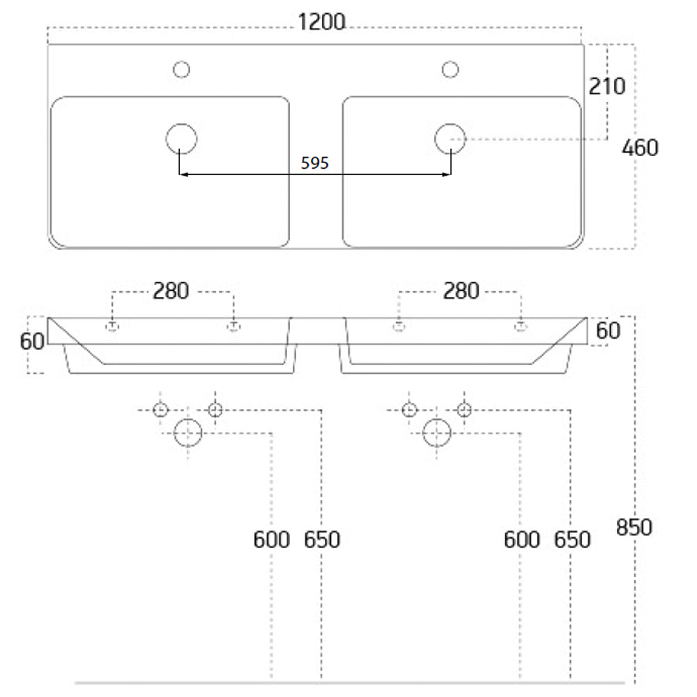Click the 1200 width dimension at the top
pos(321,22)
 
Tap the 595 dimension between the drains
pos(315,163)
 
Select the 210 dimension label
pos(607,86)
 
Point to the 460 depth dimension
pos(640,148)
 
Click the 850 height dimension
pos(634,528)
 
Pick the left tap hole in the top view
pos(181,70)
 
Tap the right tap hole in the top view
pos(450,70)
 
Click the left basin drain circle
pos(181,139)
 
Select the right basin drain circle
pos(450,139)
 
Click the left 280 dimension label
pos(171,291)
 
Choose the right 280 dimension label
pos(461,291)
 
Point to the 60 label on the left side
pos(32,342)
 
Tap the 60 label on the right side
pos(608,330)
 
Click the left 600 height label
pos(272,540)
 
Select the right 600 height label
pos(522,540)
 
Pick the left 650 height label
pos(322,540)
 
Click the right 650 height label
pos(572,540)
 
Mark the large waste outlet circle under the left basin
pos(188,433)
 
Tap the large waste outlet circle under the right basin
pos(437,433)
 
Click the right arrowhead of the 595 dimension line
pos(447,175)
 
